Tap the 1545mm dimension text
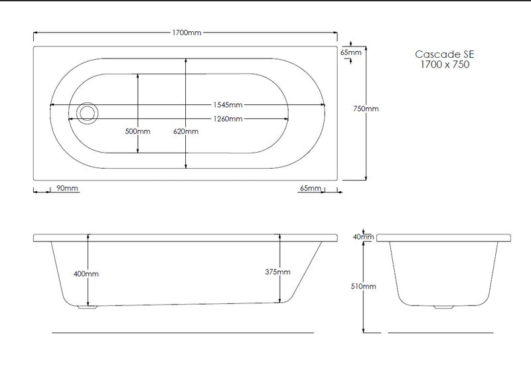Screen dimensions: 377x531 pyautogui.click(x=227, y=105)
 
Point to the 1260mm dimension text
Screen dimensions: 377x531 pyautogui.click(x=227, y=119)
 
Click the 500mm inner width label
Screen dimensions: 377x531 pyautogui.click(x=137, y=131)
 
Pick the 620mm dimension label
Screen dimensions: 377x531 pyautogui.click(x=185, y=131)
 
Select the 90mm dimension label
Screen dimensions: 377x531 pyautogui.click(x=67, y=188)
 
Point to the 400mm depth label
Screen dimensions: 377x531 pyautogui.click(x=88, y=273)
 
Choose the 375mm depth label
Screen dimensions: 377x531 pyautogui.click(x=277, y=272)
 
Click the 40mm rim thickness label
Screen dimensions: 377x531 pyautogui.click(x=364, y=237)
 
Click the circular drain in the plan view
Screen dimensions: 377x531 pyautogui.click(x=86, y=113)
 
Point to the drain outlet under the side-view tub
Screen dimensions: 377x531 pyautogui.click(x=87, y=307)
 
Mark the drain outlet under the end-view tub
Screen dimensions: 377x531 pyautogui.click(x=441, y=307)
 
